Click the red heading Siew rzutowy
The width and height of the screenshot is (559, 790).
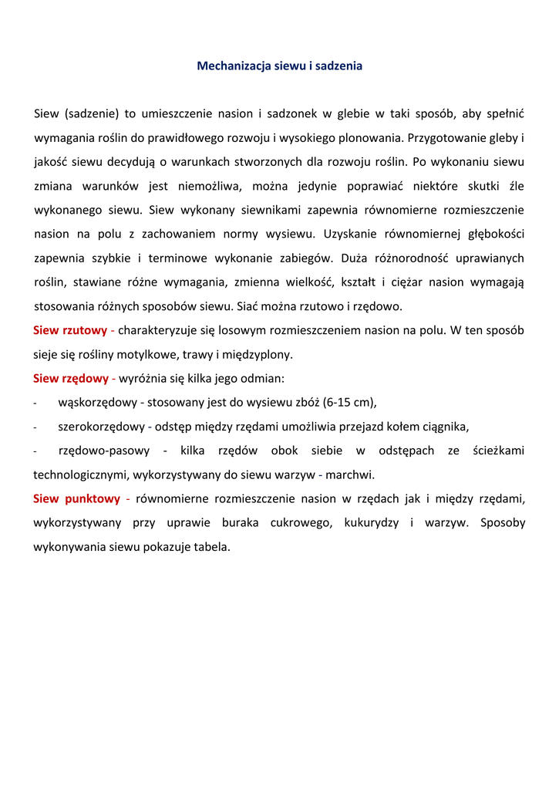point(70,330)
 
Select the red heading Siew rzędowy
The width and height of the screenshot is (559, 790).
point(71,379)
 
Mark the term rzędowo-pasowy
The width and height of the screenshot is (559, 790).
point(105,451)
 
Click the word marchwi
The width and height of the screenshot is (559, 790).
point(350,475)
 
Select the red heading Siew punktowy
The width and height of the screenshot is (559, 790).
point(76,499)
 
